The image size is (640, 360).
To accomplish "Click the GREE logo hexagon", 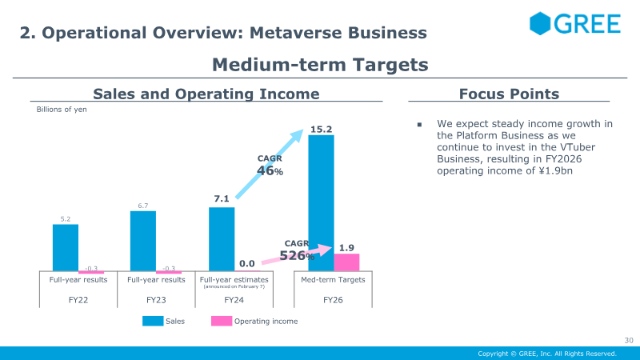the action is (x=540, y=24).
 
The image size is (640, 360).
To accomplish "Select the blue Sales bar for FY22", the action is (x=66, y=247).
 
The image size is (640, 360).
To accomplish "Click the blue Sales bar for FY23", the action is (x=143, y=241).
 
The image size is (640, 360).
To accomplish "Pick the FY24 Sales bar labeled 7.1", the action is (x=222, y=239).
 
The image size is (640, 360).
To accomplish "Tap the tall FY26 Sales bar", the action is (x=321, y=203).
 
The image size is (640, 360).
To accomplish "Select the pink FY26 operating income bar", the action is (x=346, y=262).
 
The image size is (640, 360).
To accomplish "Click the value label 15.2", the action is (x=321, y=130).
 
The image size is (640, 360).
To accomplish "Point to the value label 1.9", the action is (x=346, y=248).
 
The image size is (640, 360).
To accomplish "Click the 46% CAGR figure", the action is (x=270, y=170).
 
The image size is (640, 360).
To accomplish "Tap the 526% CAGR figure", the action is (x=297, y=255).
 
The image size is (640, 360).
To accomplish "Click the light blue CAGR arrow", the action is (x=270, y=164).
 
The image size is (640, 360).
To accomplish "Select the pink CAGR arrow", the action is (x=297, y=254).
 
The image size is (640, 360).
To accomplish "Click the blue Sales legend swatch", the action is (x=153, y=322).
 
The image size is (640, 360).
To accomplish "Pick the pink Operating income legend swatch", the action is (x=222, y=322).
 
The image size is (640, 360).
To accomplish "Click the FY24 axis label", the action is (x=234, y=300).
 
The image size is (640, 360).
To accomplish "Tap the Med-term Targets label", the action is (x=333, y=279).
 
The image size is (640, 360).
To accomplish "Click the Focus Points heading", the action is (x=509, y=94).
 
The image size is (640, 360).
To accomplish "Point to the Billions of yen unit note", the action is (x=62, y=110).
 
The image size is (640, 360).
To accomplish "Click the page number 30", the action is (x=629, y=341).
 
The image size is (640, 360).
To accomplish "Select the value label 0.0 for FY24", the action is (x=247, y=264).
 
